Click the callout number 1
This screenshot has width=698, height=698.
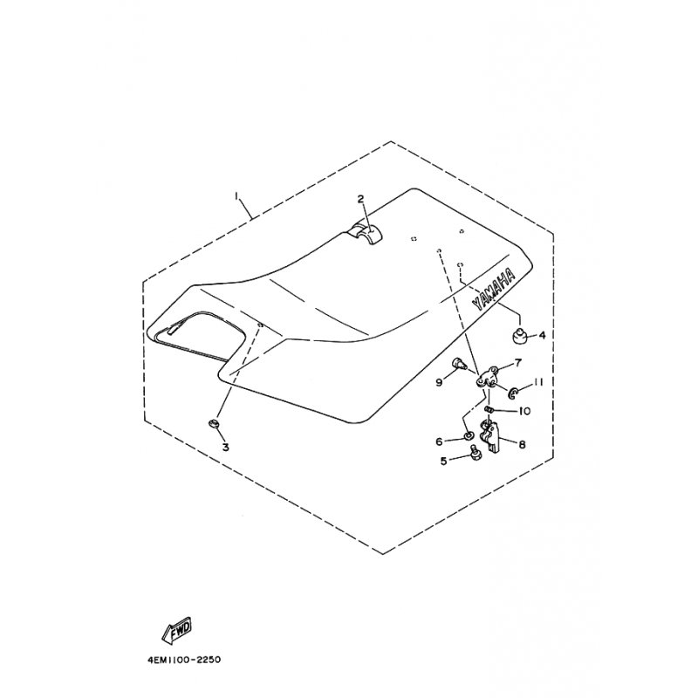click(x=237, y=196)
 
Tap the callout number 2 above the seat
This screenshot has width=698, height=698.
click(x=360, y=199)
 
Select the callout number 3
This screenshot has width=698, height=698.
click(x=226, y=447)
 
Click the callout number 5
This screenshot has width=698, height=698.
click(x=444, y=461)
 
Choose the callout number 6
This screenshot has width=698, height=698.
click(x=440, y=441)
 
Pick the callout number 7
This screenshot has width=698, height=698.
click(x=518, y=363)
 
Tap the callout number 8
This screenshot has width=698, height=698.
click(x=522, y=444)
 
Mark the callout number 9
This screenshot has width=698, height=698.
click(x=440, y=382)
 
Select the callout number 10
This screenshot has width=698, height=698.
click(x=525, y=410)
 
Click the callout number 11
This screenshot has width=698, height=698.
click(x=538, y=382)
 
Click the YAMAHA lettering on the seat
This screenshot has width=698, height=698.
click(x=494, y=289)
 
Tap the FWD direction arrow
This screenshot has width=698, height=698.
click(x=177, y=630)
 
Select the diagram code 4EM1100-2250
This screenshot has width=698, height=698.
click(x=183, y=660)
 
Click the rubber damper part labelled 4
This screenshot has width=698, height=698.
click(x=518, y=334)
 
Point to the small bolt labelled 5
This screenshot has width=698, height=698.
click(x=474, y=452)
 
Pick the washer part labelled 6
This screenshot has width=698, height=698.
click(x=468, y=435)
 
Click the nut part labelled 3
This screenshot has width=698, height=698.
click(x=215, y=423)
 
